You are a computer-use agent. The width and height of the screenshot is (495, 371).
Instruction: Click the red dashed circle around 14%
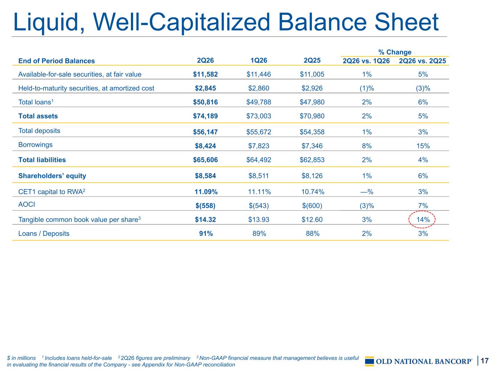click(409, 220)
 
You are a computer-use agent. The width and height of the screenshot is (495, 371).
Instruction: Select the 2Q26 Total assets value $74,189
click(205, 116)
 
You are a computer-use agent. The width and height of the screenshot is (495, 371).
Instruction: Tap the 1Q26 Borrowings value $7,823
click(259, 146)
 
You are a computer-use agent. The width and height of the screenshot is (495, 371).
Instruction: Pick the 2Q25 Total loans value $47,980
click(312, 102)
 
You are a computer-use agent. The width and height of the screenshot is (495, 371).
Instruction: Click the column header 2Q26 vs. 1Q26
click(366, 61)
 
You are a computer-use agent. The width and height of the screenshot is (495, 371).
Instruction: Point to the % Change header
click(395, 52)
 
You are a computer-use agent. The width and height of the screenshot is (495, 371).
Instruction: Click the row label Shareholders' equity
click(52, 176)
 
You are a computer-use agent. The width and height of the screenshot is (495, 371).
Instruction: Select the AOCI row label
click(26, 204)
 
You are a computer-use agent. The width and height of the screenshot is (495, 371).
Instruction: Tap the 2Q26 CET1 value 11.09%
click(206, 192)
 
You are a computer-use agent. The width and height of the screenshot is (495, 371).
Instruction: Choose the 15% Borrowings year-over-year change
click(423, 146)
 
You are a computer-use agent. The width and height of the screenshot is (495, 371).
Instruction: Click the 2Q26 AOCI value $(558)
click(205, 206)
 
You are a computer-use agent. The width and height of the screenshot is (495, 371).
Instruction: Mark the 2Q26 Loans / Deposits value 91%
click(206, 233)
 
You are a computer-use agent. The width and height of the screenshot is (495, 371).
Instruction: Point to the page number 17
click(484, 360)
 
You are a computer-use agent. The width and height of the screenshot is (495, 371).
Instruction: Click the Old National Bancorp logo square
click(370, 361)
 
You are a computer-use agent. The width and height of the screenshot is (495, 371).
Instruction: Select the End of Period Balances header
click(56, 61)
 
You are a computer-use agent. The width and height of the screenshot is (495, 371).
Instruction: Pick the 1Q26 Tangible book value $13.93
click(259, 220)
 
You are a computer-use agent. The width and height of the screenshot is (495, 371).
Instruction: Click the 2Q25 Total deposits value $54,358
click(312, 132)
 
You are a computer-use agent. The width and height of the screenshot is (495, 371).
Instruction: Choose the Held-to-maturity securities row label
click(86, 88)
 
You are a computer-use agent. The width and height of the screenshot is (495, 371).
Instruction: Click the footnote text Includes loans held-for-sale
click(78, 358)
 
